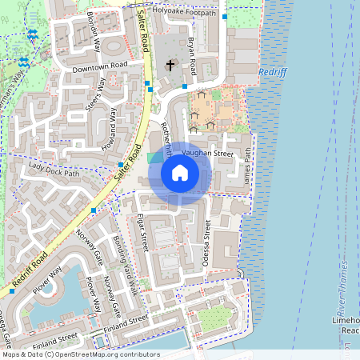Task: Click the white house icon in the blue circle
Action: [x=180, y=173]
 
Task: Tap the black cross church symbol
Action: [x=170, y=65]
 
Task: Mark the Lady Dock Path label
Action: [x=54, y=168]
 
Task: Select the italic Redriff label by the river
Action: [x=272, y=72]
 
